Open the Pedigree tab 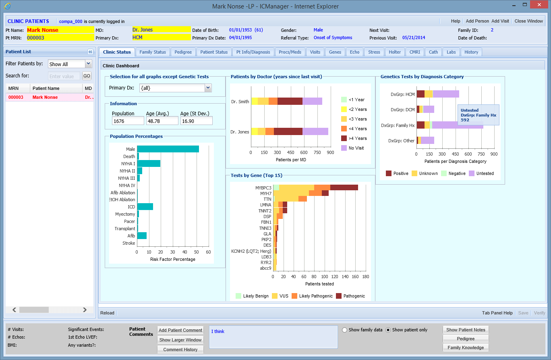(183, 52)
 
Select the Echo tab (354, 52)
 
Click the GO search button (87, 76)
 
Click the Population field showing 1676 (128, 121)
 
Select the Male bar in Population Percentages (168, 149)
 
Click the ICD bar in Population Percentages (145, 207)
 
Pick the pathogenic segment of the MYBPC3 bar (344, 187)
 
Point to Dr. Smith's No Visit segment (312, 101)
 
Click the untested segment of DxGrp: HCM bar (446, 94)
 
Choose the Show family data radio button (344, 330)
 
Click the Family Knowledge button (466, 348)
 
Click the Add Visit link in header (500, 21)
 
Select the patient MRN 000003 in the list (16, 97)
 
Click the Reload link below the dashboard (107, 313)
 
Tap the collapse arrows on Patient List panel (90, 52)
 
